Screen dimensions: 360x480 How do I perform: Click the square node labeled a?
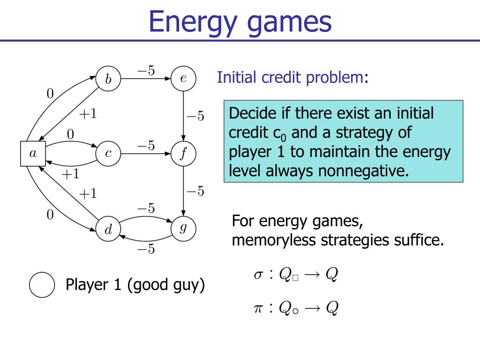point(33,153)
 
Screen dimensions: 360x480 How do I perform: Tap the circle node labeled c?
point(108,153)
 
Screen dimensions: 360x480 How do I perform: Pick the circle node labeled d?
point(108,229)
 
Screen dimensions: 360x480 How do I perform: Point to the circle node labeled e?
point(183,78)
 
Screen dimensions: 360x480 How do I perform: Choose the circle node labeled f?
point(183,153)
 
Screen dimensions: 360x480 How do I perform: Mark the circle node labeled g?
point(183,228)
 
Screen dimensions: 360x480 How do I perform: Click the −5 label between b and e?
point(146,70)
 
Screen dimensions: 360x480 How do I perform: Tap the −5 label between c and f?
point(146,145)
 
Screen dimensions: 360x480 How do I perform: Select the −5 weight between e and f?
point(195,116)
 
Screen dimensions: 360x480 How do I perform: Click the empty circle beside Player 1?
point(42,285)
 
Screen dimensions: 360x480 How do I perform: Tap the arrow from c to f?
point(146,153)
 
